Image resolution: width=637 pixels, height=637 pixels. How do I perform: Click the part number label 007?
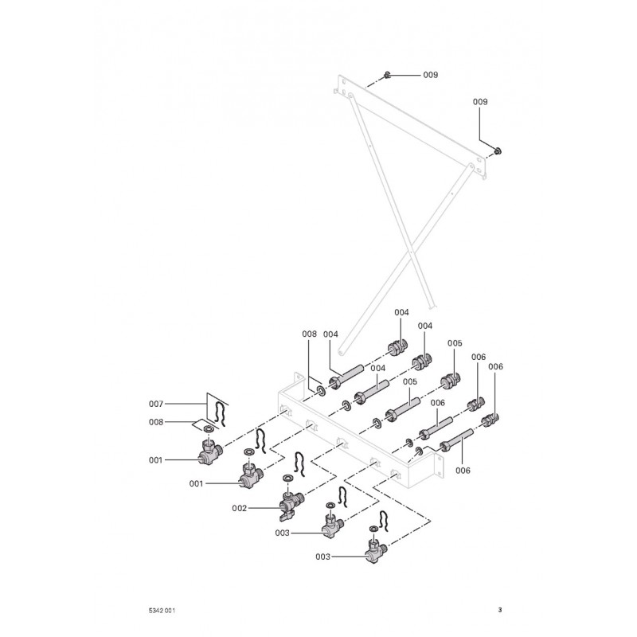155,404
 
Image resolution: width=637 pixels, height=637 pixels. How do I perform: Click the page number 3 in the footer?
499,611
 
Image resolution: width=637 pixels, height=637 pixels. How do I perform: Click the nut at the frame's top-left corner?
385,76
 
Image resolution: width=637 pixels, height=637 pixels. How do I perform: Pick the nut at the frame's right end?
498,151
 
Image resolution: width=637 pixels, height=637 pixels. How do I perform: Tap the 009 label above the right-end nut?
480,102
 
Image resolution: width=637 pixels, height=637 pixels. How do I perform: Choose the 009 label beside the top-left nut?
430,75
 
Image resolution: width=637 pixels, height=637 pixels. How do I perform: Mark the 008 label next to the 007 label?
155,423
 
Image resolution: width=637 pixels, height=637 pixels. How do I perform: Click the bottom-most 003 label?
322,557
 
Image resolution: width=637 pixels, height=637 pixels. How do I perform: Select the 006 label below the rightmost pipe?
463,471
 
